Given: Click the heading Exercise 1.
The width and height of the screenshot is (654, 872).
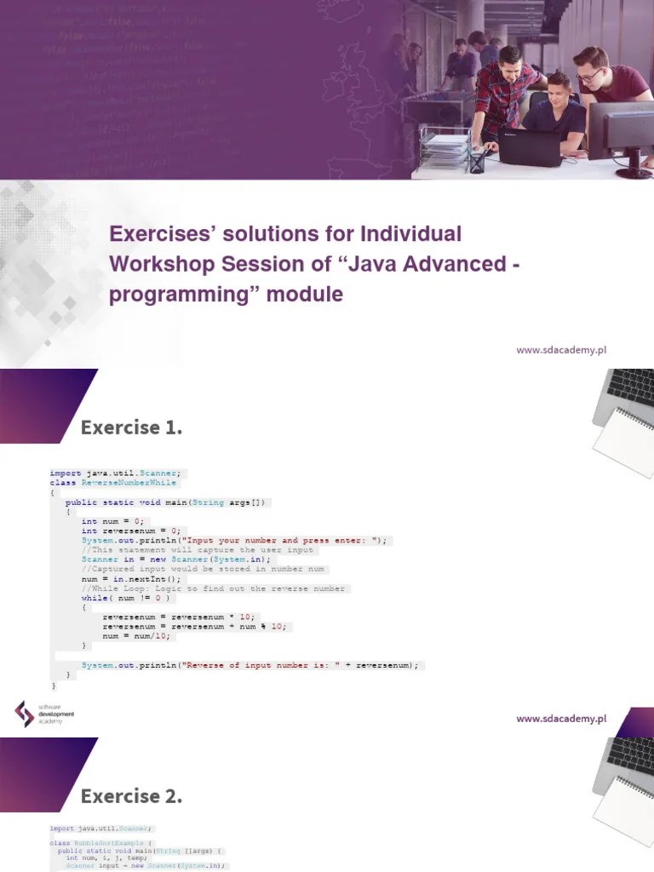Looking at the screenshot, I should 131,427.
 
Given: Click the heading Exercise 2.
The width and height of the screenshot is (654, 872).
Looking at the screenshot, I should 131,797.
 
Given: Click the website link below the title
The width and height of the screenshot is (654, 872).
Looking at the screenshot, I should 560,349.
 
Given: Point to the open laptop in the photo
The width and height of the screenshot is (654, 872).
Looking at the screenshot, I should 529,146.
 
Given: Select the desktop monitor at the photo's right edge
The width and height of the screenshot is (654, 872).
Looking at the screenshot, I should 622,132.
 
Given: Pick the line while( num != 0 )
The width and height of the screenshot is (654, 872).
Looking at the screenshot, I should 127,598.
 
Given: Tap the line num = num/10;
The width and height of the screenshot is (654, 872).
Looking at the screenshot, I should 136,635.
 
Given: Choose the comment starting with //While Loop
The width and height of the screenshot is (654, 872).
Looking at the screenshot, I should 213,588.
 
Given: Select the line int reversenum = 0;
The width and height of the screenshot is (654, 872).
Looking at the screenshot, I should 131,531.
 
